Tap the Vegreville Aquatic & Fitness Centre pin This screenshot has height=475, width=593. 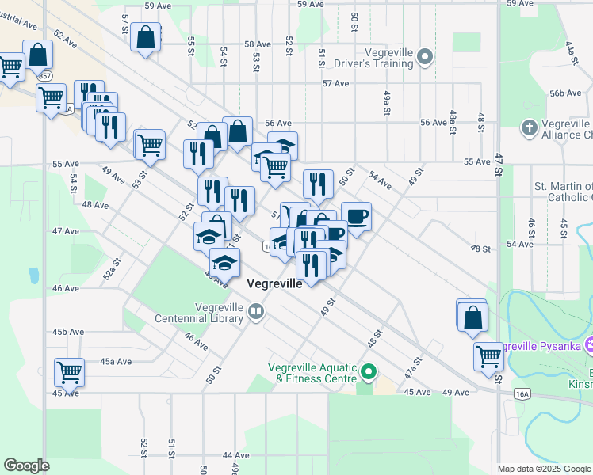click(x=367, y=371)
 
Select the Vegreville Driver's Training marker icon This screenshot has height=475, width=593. click(x=425, y=57)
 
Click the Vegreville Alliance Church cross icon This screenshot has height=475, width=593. click(x=530, y=127)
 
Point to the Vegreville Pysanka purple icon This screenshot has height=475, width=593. click(x=588, y=345)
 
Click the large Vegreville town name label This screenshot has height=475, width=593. click(x=274, y=283)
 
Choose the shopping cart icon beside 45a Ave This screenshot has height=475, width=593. click(x=69, y=370)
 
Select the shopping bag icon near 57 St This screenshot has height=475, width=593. click(x=147, y=37)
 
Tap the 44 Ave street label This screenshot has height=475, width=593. click(x=236, y=455)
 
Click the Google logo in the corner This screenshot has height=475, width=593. click(x=27, y=465)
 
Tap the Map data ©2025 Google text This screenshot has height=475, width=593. click(x=544, y=469)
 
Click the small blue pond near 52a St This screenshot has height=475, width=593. click(x=33, y=275)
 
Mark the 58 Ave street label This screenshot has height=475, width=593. click(x=258, y=44)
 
